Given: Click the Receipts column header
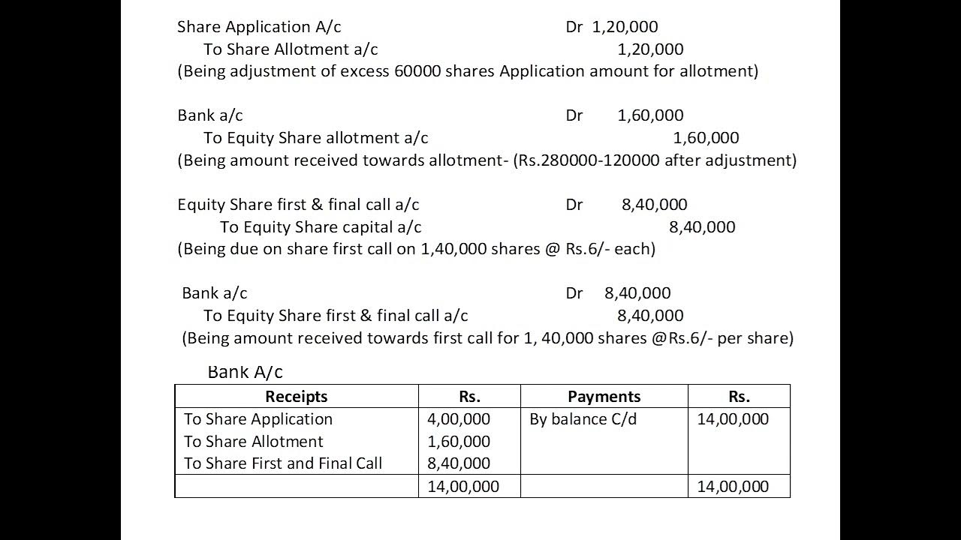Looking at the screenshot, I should pos(296,396).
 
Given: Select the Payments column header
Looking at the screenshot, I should pos(604,396).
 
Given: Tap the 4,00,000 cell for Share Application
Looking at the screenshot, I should pos(459,418).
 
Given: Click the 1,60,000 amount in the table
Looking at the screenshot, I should pos(459,441).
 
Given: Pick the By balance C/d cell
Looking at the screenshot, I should pos(583,418).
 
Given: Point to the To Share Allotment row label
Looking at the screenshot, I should pos(254,441).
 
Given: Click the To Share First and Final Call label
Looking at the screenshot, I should pos(283,463).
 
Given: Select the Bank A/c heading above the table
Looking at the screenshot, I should pos(245,372).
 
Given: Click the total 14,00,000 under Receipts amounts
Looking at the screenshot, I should pos(463,486).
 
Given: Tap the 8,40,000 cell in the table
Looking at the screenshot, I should pos(459,463).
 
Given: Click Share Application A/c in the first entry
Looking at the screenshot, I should pos(259,27).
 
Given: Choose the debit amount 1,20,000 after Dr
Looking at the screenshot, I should pos(625,27).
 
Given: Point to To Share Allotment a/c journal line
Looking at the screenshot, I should pos(290,49).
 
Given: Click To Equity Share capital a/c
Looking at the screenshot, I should pos(321,226).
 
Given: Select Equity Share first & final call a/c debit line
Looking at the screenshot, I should pos(298,204).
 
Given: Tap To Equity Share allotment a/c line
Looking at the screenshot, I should pos(315,138).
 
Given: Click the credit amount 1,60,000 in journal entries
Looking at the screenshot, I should pos(706,138).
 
